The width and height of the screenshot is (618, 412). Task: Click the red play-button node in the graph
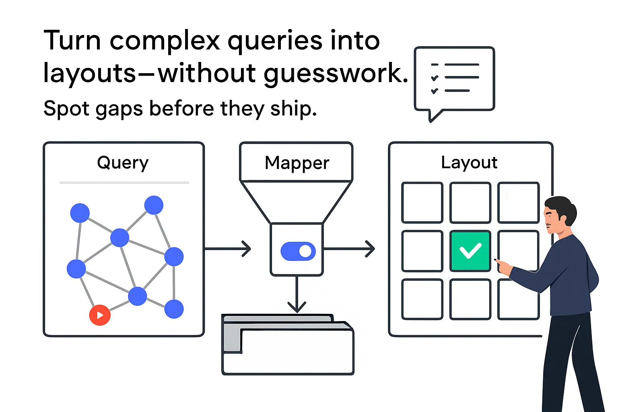click(100, 315)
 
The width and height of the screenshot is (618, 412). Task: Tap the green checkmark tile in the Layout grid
click(470, 251)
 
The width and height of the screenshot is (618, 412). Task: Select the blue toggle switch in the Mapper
click(298, 251)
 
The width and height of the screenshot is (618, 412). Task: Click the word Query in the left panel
click(123, 163)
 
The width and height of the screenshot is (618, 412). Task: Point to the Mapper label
click(297, 163)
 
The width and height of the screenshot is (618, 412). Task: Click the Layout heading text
click(469, 163)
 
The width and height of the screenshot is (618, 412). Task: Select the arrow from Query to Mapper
click(228, 249)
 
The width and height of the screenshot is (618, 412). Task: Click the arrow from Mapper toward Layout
click(349, 249)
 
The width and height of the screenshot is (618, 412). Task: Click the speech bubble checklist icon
click(454, 79)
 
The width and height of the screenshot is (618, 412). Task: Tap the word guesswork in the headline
click(336, 74)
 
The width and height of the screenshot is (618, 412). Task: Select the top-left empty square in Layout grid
click(422, 203)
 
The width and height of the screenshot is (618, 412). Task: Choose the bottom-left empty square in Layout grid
click(422, 299)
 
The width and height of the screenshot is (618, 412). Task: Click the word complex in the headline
click(165, 41)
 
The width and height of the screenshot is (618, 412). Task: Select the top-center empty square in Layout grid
click(470, 203)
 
